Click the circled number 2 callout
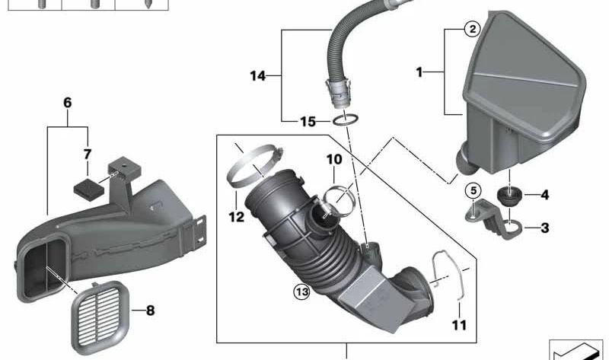[x=472, y=29]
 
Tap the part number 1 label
[x=419, y=72]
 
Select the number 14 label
[x=258, y=75]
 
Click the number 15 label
[x=308, y=122]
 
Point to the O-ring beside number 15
[x=346, y=119]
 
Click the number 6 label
[x=67, y=103]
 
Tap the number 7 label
[x=88, y=155]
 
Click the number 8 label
[x=150, y=311]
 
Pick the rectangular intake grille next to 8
[x=100, y=317]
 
